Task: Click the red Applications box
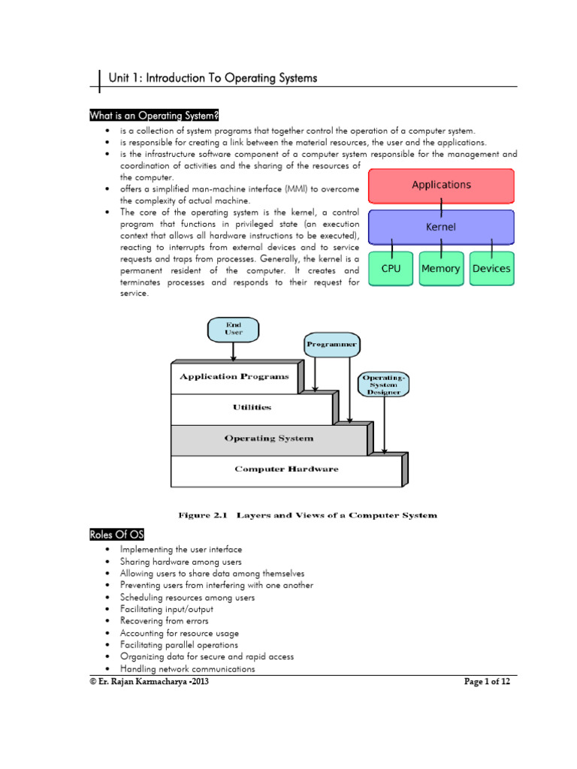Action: point(441,185)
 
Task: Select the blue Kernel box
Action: point(441,226)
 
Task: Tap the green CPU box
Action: point(391,269)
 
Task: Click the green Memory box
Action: point(441,269)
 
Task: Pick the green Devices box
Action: point(491,269)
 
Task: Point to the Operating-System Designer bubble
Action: point(384,383)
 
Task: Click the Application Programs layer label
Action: point(234,377)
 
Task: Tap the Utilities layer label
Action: point(252,408)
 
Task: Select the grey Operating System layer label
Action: point(268,439)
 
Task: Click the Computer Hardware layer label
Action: point(286,469)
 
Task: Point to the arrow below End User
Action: point(234,351)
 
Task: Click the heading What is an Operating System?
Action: point(154,115)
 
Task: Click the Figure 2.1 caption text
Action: point(307,515)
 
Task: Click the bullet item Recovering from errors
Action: point(165,621)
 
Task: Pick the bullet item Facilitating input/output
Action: point(166,609)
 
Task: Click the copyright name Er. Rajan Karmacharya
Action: point(143,682)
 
